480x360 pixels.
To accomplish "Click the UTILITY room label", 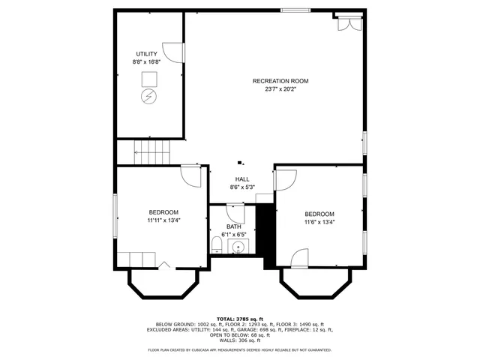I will [x=146, y=54].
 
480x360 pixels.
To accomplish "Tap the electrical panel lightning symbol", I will [x=148, y=96].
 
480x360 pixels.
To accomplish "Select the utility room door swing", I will [x=173, y=52].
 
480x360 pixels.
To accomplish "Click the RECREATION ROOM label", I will [x=280, y=81].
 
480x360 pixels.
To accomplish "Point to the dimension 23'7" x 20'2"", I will [x=280, y=89].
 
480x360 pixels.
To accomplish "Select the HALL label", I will [x=242, y=179].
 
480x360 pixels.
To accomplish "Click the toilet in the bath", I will [x=217, y=244].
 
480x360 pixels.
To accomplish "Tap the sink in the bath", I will [x=239, y=246].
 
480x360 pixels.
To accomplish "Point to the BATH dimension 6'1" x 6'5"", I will [x=234, y=235].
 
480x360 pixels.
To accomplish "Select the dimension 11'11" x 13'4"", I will [x=163, y=220].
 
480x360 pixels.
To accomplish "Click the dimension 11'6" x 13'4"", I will [x=319, y=222].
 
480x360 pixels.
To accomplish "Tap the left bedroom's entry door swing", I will [x=191, y=175].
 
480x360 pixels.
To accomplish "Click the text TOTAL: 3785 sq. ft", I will [x=239, y=319].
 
